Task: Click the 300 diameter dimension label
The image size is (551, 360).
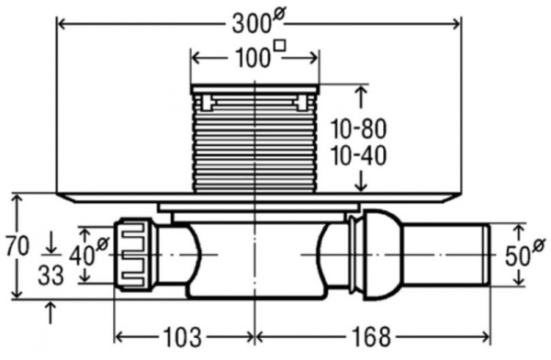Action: (x=257, y=23)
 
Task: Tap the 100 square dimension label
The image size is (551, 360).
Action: (x=260, y=54)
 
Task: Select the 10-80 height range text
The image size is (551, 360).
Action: (x=358, y=129)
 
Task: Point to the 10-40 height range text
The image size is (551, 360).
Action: (x=358, y=156)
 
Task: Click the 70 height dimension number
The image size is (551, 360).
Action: (x=17, y=246)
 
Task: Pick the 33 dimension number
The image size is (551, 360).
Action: (x=51, y=275)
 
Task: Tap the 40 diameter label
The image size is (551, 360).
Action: (x=89, y=253)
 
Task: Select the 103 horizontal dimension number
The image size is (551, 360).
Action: (x=183, y=337)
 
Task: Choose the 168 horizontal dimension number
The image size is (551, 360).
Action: (x=371, y=337)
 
